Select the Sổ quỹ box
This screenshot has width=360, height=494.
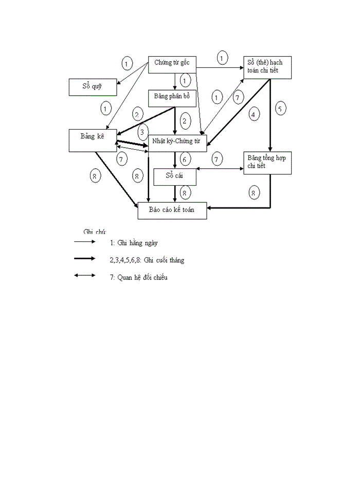[x=93, y=87]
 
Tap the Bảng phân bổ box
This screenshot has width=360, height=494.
[x=172, y=98]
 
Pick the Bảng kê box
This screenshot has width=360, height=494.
[x=93, y=140]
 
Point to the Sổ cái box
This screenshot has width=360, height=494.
[x=175, y=176]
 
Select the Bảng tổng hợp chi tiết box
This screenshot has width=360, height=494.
[x=267, y=163]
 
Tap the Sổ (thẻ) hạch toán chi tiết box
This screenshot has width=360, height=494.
[x=267, y=67]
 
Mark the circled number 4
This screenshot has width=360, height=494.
[x=253, y=114]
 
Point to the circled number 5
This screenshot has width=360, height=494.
[x=280, y=109]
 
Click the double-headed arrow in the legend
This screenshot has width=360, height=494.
[x=84, y=275]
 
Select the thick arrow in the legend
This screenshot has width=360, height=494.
[x=84, y=259]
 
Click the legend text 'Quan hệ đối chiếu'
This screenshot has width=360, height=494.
[x=138, y=278]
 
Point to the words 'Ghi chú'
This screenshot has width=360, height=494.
[x=95, y=232]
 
